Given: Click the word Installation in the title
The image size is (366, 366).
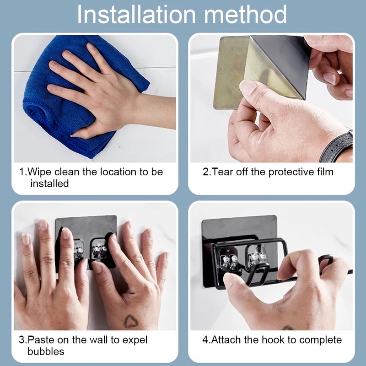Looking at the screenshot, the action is (x=136, y=15).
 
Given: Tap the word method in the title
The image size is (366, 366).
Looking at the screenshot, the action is (x=245, y=15).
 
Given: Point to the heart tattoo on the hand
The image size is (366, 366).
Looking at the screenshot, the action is (x=131, y=321).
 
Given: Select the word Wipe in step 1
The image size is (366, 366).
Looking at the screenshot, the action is (x=39, y=172).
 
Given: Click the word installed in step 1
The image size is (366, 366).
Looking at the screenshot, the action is (x=49, y=183).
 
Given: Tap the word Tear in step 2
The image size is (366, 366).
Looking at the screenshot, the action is (x=222, y=172).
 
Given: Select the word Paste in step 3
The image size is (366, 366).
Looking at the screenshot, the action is (x=41, y=340).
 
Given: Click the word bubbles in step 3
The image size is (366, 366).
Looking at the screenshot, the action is (x=46, y=351).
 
